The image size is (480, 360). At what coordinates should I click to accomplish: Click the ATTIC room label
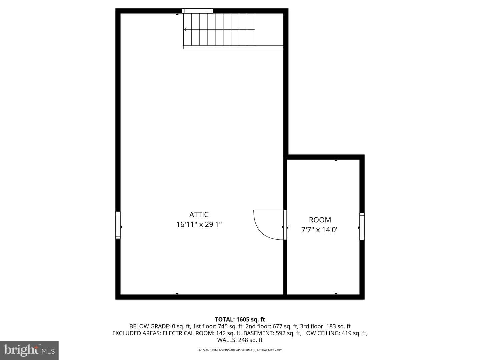click(199, 214)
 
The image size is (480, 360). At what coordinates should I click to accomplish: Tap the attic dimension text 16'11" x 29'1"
click(199, 224)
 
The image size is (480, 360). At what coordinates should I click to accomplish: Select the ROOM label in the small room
click(320, 220)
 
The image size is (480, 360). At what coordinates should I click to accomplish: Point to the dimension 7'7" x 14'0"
click(320, 230)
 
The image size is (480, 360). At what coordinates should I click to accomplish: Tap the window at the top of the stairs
click(197, 11)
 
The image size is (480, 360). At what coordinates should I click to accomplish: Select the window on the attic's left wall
click(118, 225)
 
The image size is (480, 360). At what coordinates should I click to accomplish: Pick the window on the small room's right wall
click(362, 227)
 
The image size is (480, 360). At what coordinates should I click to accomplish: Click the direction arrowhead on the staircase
click(185, 30)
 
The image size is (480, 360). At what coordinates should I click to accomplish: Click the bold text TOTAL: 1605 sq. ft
click(240, 319)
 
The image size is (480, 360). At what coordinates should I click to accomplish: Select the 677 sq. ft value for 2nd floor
click(285, 326)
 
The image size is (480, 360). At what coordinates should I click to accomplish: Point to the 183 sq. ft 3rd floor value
click(338, 326)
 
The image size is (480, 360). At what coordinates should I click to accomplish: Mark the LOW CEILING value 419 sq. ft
click(354, 333)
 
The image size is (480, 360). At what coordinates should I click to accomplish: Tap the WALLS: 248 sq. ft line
click(240, 340)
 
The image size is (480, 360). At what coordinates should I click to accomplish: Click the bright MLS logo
click(29, 350)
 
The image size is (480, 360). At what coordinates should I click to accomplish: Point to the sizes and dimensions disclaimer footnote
click(240, 350)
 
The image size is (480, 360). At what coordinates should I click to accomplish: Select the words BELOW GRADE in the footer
click(149, 326)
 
